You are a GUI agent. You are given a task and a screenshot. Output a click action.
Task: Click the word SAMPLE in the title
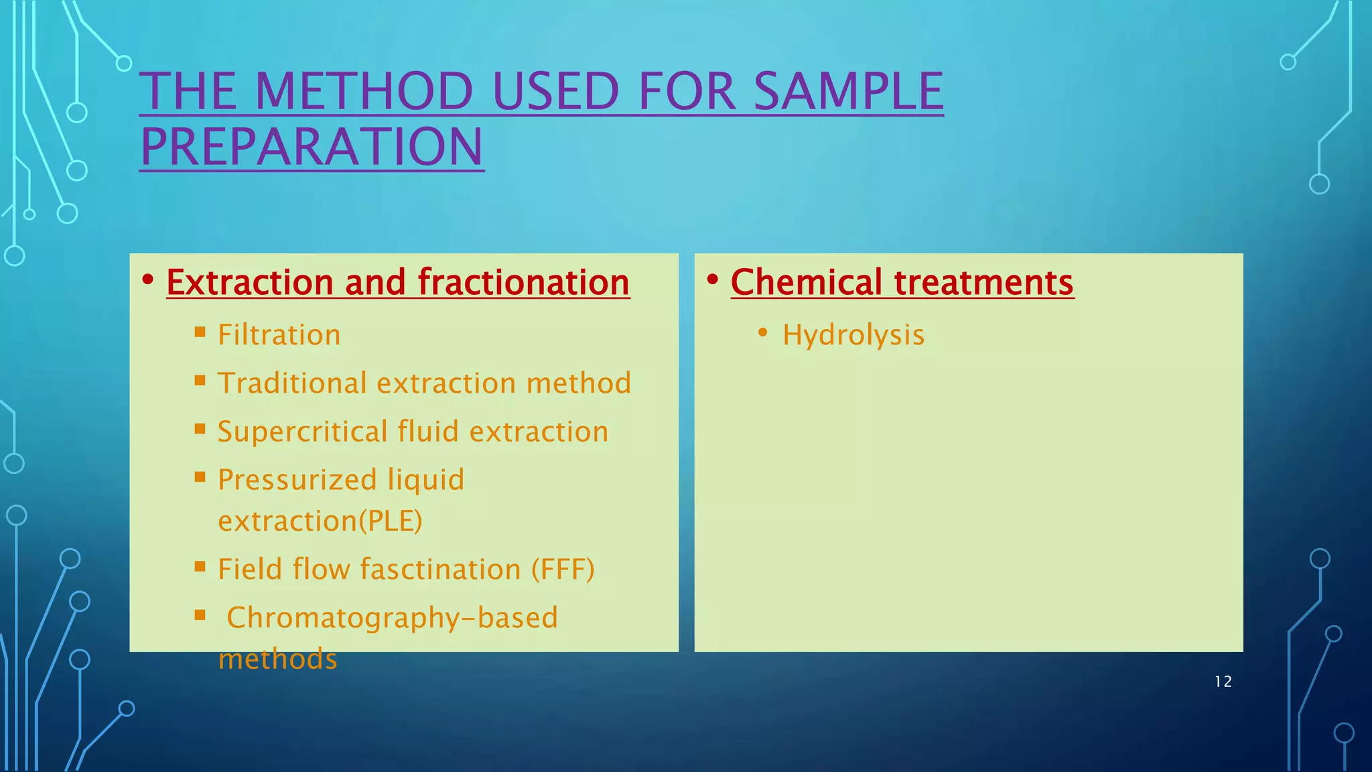[848, 92]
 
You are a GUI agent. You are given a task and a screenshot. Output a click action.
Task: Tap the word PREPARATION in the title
[312, 147]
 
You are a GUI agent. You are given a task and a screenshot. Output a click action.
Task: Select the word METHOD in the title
[364, 92]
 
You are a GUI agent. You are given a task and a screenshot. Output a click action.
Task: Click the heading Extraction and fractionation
[398, 282]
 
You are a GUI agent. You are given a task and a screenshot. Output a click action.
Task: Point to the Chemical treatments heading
[902, 282]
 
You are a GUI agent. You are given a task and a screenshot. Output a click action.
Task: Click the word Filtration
[279, 335]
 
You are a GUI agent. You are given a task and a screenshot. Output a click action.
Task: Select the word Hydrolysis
[853, 335]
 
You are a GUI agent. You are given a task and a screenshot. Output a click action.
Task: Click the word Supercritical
[302, 432]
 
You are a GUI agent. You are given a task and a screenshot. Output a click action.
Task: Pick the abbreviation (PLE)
[391, 521]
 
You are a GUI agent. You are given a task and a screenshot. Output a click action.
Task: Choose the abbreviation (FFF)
[563, 570]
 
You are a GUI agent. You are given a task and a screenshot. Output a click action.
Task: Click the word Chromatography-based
[392, 618]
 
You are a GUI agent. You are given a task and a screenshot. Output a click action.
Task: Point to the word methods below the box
[277, 659]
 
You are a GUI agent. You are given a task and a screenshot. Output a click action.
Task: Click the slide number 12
[1223, 682]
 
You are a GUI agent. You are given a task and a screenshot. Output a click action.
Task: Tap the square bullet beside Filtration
[200, 332]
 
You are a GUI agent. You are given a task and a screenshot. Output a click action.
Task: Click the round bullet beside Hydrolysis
[762, 332]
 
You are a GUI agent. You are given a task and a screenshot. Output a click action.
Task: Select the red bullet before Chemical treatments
[712, 278]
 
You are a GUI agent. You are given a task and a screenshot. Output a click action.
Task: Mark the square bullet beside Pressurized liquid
[200, 477]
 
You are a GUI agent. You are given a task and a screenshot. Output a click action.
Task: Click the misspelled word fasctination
[440, 570]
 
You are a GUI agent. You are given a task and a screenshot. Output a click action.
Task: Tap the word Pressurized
[297, 480]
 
